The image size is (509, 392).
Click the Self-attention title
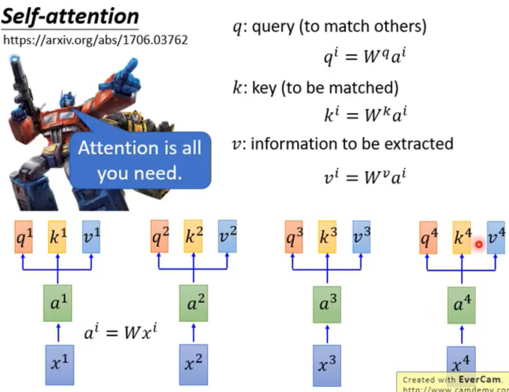pyautogui.click(x=70, y=17)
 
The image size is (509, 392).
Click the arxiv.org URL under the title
pyautogui.click(x=95, y=40)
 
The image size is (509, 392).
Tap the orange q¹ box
pyautogui.click(x=24, y=237)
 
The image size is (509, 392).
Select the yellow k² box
pyautogui.click(x=193, y=236)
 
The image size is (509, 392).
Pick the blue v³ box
pyautogui.click(x=361, y=237)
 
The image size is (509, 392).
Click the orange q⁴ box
pyautogui.click(x=428, y=238)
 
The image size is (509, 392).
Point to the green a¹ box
pyautogui.click(x=57, y=303)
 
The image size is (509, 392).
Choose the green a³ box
pyautogui.click(x=327, y=304)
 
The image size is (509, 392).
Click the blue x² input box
pyautogui.click(x=193, y=364)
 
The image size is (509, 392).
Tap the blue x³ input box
pyautogui.click(x=327, y=365)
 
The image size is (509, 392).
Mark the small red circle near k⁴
pyautogui.click(x=479, y=244)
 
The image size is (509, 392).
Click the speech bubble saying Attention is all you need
pyautogui.click(x=140, y=160)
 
